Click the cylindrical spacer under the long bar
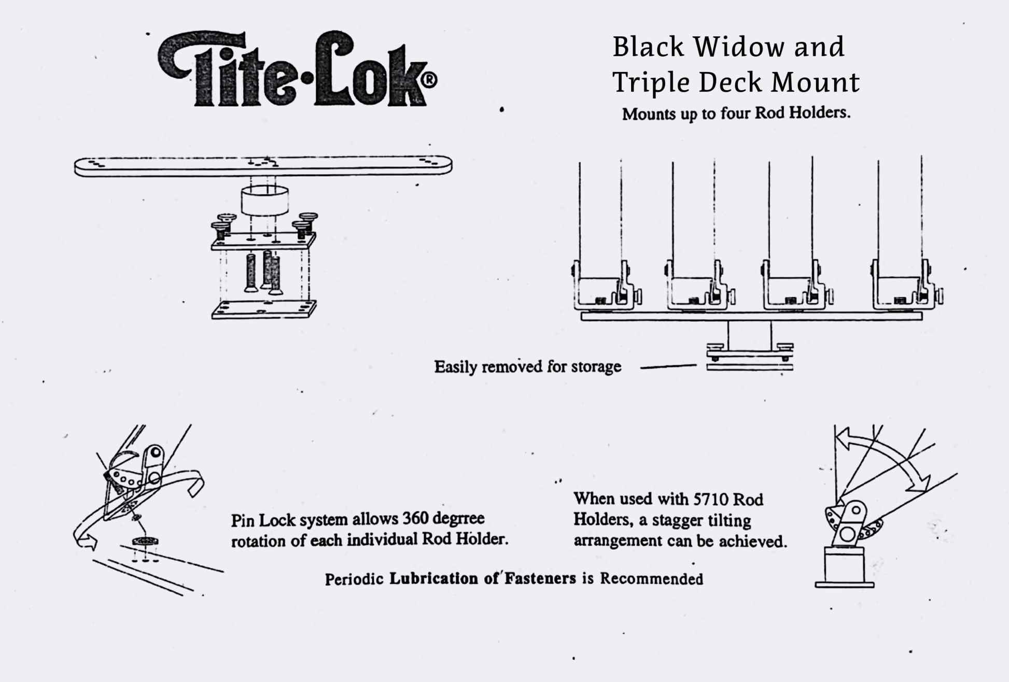(x=264, y=200)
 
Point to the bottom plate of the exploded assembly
(x=263, y=309)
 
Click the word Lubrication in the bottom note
(x=433, y=579)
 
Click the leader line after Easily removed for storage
(x=668, y=367)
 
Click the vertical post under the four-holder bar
(x=749, y=334)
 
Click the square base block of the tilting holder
(x=844, y=566)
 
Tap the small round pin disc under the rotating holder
(x=145, y=542)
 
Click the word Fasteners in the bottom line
(x=540, y=579)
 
